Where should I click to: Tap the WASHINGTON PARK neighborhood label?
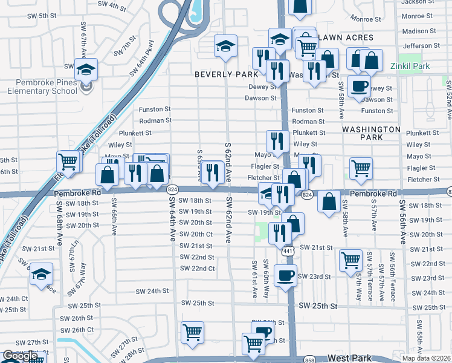371,133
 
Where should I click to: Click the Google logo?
21,356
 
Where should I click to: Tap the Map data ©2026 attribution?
426,358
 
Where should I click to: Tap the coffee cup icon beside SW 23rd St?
286,275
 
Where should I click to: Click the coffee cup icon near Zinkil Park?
361,86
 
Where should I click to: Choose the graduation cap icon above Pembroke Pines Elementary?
86,68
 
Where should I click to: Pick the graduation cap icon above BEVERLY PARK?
225,45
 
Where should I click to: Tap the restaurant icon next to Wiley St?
277,141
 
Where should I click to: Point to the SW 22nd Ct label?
198,268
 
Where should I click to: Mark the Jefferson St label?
418,45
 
